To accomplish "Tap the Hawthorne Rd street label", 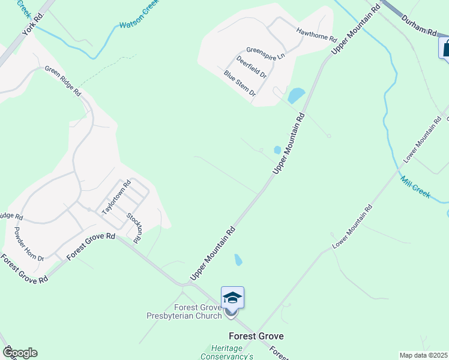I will (x=316, y=34).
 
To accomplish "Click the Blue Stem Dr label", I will (x=240, y=83).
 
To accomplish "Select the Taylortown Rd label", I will (x=116, y=199).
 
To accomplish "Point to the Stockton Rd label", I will (x=134, y=227).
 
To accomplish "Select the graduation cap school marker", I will (x=232, y=298).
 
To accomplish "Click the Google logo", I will (x=19, y=353).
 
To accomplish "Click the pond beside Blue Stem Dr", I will (x=296, y=95).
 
